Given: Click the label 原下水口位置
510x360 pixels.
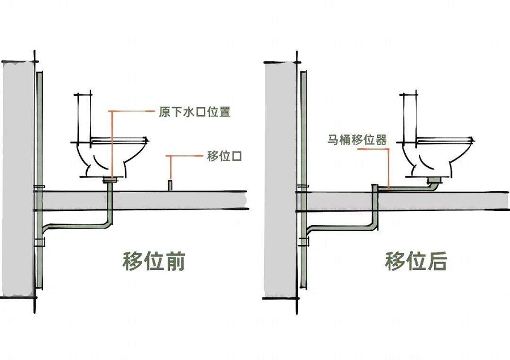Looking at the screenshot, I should click(x=194, y=112).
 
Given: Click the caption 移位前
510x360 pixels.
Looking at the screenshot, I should click(x=154, y=261).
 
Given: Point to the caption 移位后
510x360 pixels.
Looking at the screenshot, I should click(x=416, y=261).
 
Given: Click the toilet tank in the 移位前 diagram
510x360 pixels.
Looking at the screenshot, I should click(x=84, y=116).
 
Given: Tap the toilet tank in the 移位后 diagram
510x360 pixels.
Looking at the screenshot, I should click(x=411, y=116).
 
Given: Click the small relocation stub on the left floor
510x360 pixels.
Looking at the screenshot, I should click(x=169, y=185).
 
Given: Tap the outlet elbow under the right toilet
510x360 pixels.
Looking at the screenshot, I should click(x=433, y=183).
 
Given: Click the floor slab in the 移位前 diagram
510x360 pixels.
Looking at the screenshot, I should click(x=170, y=200).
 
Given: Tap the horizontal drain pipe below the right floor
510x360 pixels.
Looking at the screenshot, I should click(x=340, y=228).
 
